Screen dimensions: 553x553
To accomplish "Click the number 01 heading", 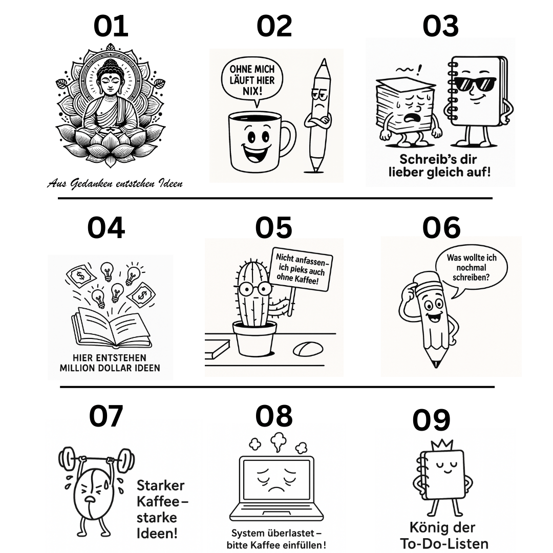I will click(111, 27).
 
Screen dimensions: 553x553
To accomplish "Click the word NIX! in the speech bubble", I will click(251, 91).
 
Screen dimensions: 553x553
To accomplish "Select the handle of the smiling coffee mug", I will click(289, 139).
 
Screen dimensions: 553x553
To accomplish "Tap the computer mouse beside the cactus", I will click(308, 349).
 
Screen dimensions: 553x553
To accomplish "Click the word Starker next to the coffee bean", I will click(160, 485).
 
